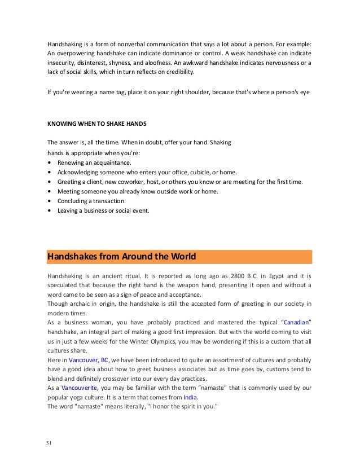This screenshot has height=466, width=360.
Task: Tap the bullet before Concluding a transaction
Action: click(x=51, y=201)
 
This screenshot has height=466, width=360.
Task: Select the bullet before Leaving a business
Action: click(x=51, y=211)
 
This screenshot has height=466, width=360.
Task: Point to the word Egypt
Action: click(x=271, y=276)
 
